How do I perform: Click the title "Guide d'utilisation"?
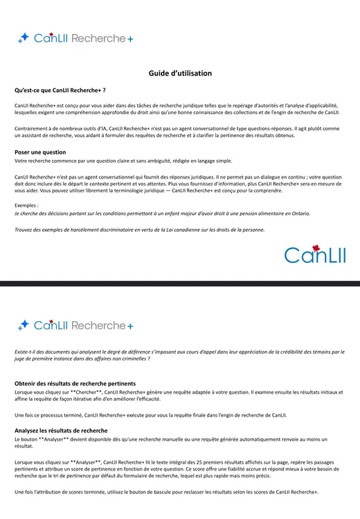(x=180, y=73)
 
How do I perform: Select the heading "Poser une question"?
(x=40, y=152)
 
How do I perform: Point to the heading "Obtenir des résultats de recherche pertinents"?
(x=75, y=383)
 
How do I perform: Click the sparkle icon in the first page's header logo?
(x=24, y=38)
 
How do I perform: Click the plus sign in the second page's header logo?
(x=130, y=325)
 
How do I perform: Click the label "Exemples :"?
(x=26, y=206)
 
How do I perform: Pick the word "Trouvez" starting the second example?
(x=25, y=230)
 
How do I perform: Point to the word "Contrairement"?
(x=31, y=129)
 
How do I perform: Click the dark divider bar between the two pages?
(x=180, y=284)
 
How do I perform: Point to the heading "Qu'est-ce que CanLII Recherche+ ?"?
(x=60, y=90)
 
